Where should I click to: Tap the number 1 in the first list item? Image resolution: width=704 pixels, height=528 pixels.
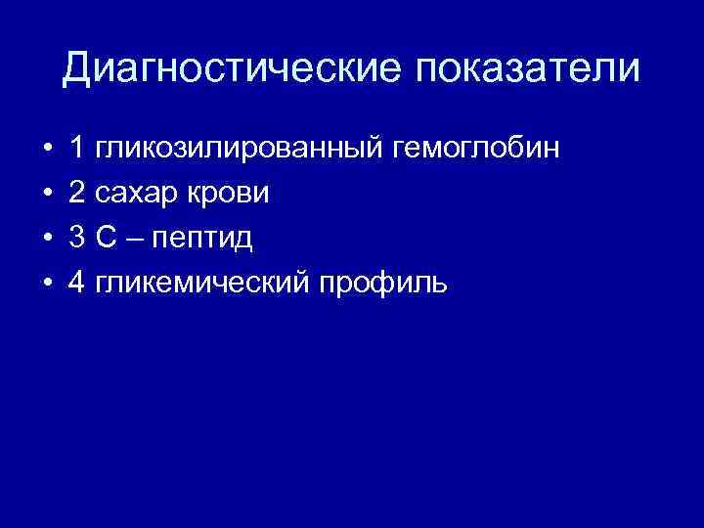(x=76, y=150)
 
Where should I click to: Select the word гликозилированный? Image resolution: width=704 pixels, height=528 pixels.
(x=239, y=150)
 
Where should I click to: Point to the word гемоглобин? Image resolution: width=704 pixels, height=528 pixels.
(x=476, y=150)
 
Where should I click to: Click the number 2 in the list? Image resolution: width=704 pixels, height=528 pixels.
(x=76, y=194)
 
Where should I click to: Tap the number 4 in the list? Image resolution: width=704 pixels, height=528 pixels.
(x=76, y=283)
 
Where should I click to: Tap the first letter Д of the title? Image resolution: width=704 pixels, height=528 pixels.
(x=79, y=68)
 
